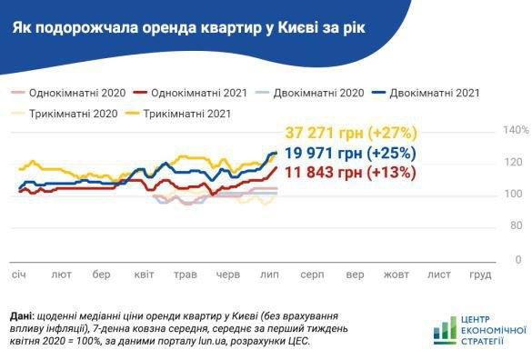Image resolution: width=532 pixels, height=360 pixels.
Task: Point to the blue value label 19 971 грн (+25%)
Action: (351, 152)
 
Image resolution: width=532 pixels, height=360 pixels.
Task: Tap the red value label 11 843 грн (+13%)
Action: (351, 171)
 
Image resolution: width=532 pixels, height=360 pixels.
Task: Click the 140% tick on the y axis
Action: (516, 131)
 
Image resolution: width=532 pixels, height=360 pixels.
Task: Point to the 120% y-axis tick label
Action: (516, 163)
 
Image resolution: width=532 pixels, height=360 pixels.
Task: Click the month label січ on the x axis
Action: (19, 274)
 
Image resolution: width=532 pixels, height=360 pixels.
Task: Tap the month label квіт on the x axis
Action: (144, 274)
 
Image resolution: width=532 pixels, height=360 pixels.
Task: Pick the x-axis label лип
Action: (269, 274)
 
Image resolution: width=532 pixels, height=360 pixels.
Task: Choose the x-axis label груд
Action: (479, 274)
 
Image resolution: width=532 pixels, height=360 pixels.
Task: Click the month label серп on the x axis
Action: (313, 274)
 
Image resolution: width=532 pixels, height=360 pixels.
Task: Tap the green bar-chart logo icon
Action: (446, 330)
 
